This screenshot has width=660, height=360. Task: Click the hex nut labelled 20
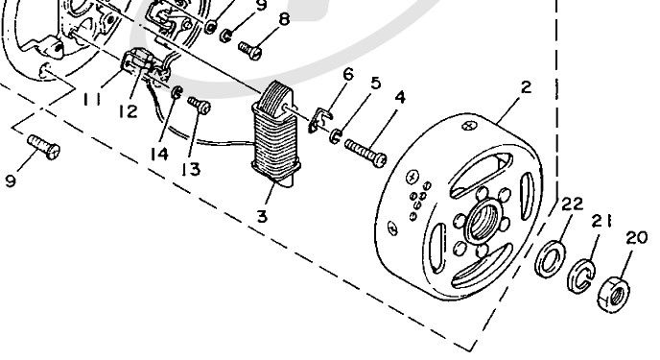pyautogui.click(x=614, y=294)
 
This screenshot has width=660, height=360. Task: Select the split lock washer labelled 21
pyautogui.click(x=581, y=276)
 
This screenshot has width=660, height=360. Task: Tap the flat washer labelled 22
pyautogui.click(x=550, y=258)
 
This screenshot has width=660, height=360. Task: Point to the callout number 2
pyautogui.click(x=526, y=87)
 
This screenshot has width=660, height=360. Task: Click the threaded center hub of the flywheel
pyautogui.click(x=483, y=222)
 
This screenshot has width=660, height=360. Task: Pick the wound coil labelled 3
pyautogui.click(x=275, y=133)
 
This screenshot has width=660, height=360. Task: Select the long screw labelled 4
pyautogui.click(x=365, y=154)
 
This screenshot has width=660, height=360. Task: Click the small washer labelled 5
pyautogui.click(x=336, y=136)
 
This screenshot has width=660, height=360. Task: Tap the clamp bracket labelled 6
pyautogui.click(x=319, y=120)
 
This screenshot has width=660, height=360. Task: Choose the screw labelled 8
pyautogui.click(x=250, y=51)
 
